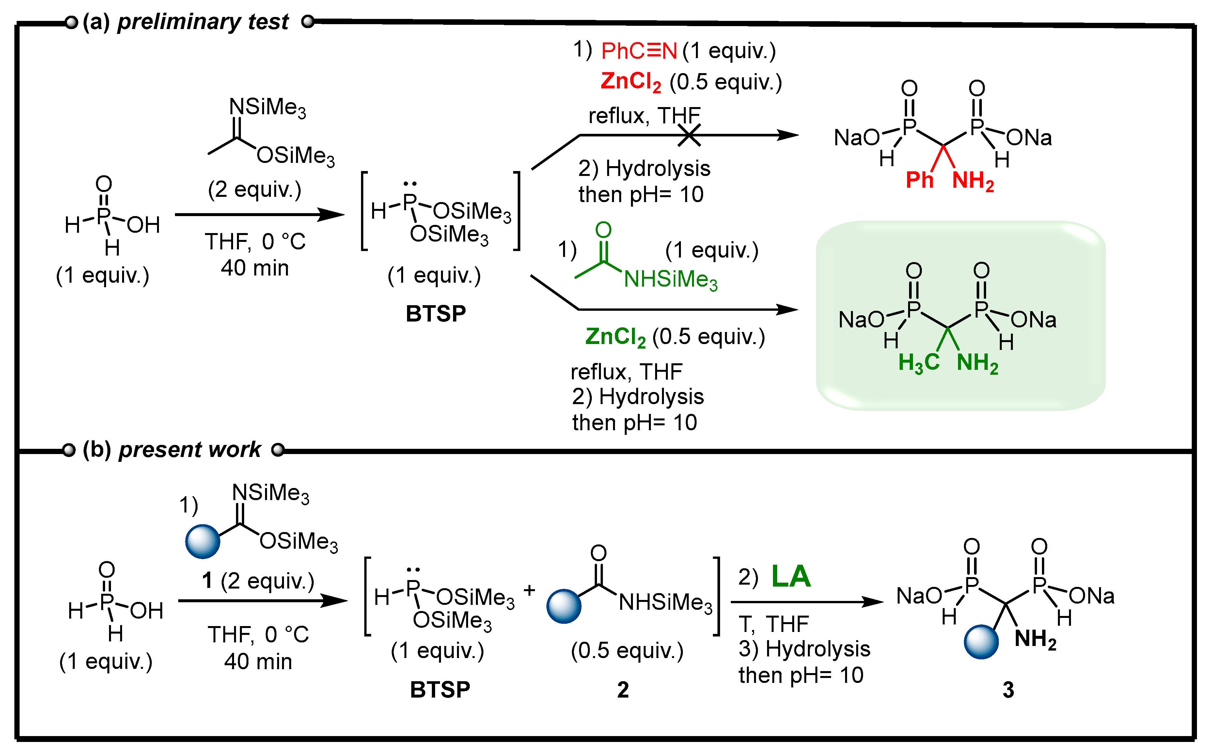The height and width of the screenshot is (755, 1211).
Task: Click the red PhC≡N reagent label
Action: [639, 51]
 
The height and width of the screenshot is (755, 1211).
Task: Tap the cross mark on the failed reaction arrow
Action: [689, 135]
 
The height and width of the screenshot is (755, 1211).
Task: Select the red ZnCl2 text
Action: [630, 82]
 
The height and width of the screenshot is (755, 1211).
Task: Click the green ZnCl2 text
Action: [615, 337]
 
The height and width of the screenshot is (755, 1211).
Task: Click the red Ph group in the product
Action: [919, 180]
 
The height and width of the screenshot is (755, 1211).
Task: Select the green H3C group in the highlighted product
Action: [919, 363]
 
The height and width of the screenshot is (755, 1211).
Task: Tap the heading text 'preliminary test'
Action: [203, 22]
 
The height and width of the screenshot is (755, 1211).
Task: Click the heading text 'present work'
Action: [190, 449]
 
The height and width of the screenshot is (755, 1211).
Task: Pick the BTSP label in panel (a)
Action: [435, 314]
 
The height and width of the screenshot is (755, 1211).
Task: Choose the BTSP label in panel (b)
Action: [440, 690]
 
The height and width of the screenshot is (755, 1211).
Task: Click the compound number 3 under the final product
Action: [1008, 690]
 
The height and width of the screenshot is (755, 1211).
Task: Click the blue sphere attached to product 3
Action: [981, 642]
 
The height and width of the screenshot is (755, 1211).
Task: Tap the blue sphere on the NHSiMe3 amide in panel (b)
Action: [564, 606]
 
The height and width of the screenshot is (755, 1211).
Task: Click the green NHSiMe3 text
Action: [670, 280]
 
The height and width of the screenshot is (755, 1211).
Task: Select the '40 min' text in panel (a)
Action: [255, 268]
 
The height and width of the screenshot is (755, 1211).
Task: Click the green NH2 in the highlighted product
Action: [977, 363]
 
